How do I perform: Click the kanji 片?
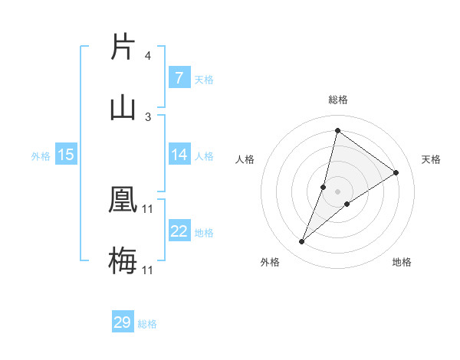(123, 47)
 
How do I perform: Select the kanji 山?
(123, 107)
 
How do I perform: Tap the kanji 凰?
(123, 200)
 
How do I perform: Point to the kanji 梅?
(123, 261)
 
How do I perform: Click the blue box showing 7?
(179, 78)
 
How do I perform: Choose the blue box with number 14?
(179, 155)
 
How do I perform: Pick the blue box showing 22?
(179, 231)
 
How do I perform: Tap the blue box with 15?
(66, 155)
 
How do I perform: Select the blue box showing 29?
(123, 322)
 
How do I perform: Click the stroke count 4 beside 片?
(148, 56)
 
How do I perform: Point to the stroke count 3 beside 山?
(148, 117)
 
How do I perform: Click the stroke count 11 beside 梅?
(148, 270)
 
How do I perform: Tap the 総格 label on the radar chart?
(337, 100)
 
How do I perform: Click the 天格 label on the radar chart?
(431, 159)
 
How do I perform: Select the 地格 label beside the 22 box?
(205, 233)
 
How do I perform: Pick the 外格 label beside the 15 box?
(41, 156)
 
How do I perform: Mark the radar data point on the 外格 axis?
(302, 242)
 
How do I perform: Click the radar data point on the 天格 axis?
(396, 172)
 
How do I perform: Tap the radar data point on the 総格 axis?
(337, 130)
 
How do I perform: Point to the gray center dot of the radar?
(337, 191)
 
